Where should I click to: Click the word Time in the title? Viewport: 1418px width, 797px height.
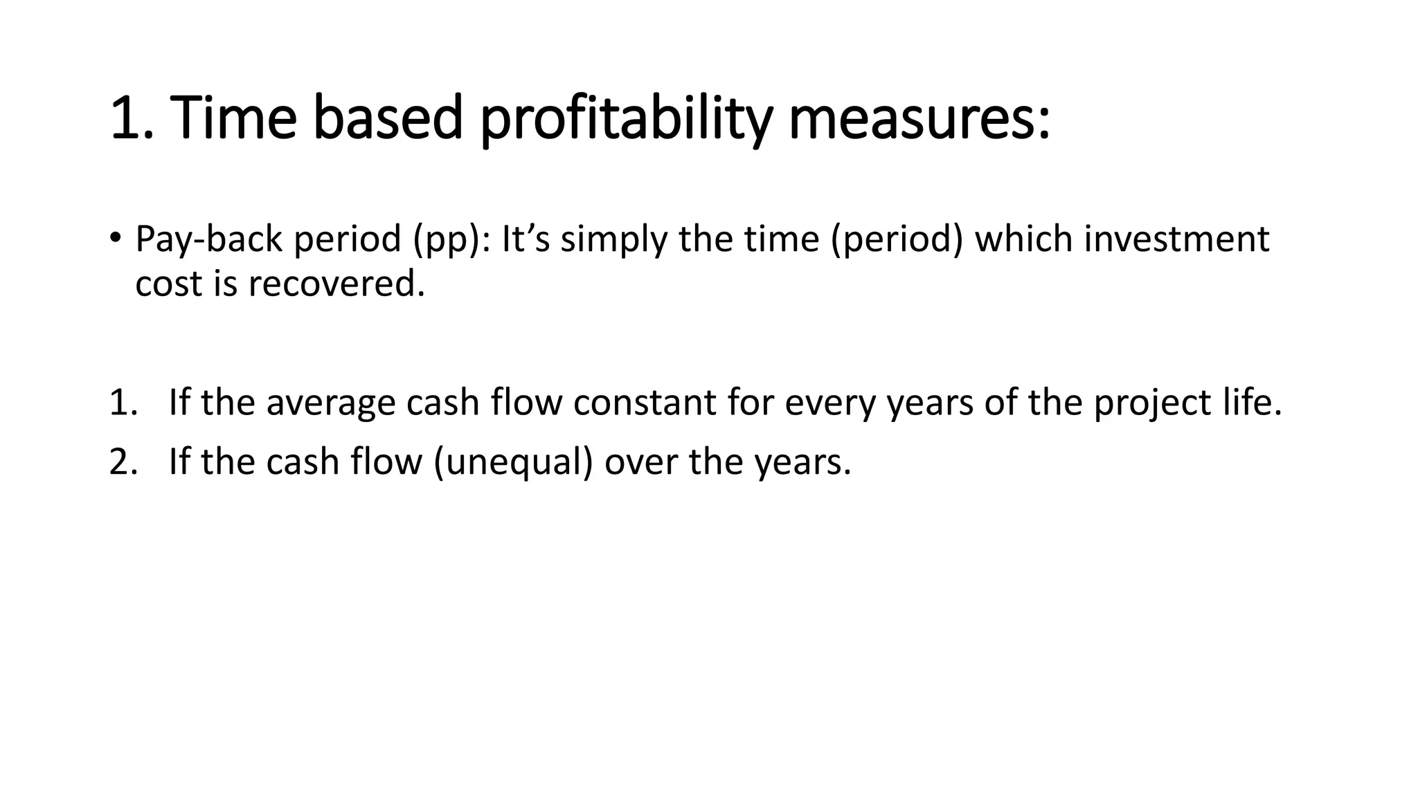[x=233, y=118]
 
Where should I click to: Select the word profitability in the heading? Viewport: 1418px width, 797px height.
[x=625, y=118]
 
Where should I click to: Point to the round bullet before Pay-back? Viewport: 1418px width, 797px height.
[x=114, y=238]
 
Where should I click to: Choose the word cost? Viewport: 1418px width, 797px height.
[x=168, y=284]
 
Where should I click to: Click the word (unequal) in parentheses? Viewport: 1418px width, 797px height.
[x=513, y=461]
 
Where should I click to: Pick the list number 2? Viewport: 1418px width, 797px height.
[x=120, y=461]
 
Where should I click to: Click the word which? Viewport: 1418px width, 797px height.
[x=1024, y=239]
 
